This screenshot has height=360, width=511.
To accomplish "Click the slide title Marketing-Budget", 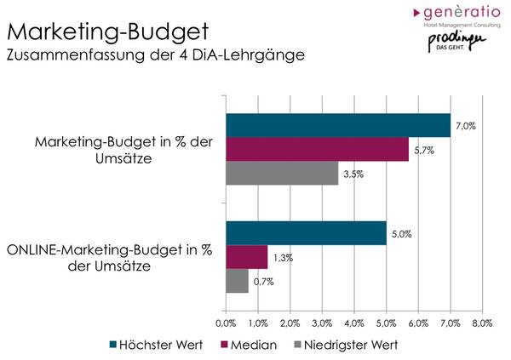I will tap(107, 32).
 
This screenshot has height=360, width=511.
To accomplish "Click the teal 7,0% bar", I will tap(338, 125).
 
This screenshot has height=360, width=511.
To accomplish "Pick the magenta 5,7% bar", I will tap(317, 149).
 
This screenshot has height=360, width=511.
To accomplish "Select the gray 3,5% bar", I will tap(282, 173).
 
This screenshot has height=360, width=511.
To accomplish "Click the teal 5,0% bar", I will tap(306, 233).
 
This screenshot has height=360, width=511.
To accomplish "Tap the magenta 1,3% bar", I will tap(246, 257).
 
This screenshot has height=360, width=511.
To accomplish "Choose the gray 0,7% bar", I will tap(237, 281).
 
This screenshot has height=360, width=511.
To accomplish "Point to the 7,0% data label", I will tap(466, 126).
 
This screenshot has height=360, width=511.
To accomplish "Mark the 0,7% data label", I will tap(263, 281).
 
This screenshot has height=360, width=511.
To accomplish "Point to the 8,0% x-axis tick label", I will tap(482, 323).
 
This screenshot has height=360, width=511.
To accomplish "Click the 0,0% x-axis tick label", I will tap(226, 323).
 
